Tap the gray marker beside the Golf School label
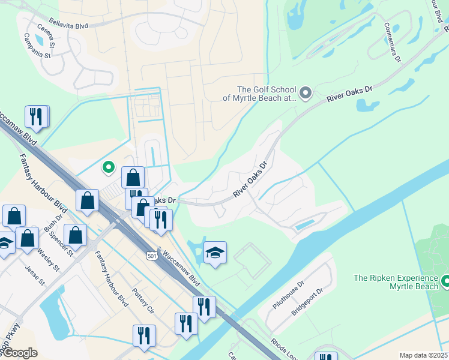tap(306, 92)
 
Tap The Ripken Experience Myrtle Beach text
tap(396, 282)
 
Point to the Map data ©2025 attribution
tap(424, 355)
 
